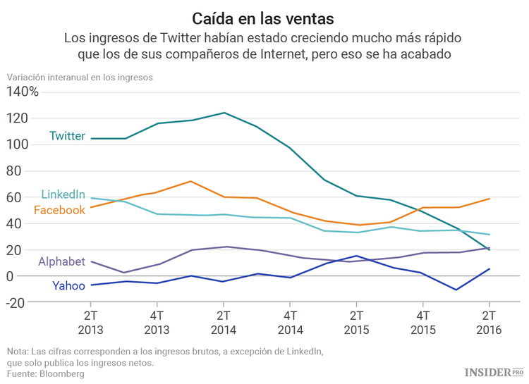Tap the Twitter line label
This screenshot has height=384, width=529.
[67, 136]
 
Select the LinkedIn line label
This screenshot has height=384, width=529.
[63, 194]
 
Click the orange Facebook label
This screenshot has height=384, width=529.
[59, 210]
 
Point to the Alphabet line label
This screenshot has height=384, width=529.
[61, 262]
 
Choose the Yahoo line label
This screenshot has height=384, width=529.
[68, 285]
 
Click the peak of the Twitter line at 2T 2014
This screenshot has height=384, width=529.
[224, 113]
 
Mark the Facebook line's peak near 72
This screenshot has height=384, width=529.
[191, 181]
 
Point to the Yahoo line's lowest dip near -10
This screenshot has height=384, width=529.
[456, 290]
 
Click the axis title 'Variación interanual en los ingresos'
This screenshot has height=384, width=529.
[80, 78]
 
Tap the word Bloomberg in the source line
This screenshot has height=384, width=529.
[61, 374]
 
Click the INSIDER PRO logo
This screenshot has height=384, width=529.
[493, 371]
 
